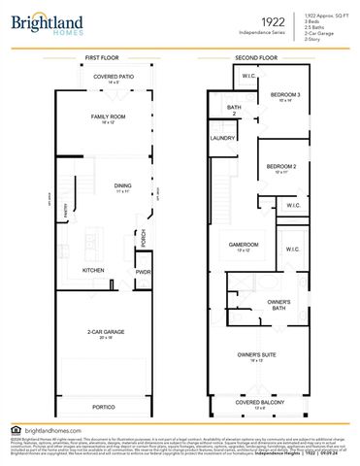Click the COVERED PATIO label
click(x=113, y=77)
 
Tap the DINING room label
click(x=123, y=186)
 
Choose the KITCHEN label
click(x=93, y=270)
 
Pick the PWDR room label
click(x=144, y=272)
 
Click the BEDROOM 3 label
click(x=285, y=94)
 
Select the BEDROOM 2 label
click(x=279, y=167)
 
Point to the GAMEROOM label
click(x=244, y=244)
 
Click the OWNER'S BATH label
click(x=279, y=304)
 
